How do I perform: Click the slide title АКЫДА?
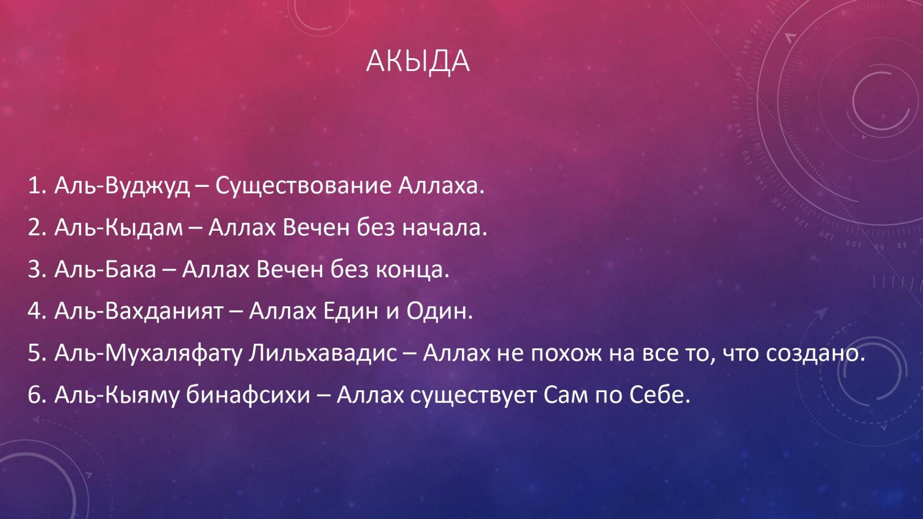coord(418,62)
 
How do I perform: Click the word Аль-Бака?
coord(105,269)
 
